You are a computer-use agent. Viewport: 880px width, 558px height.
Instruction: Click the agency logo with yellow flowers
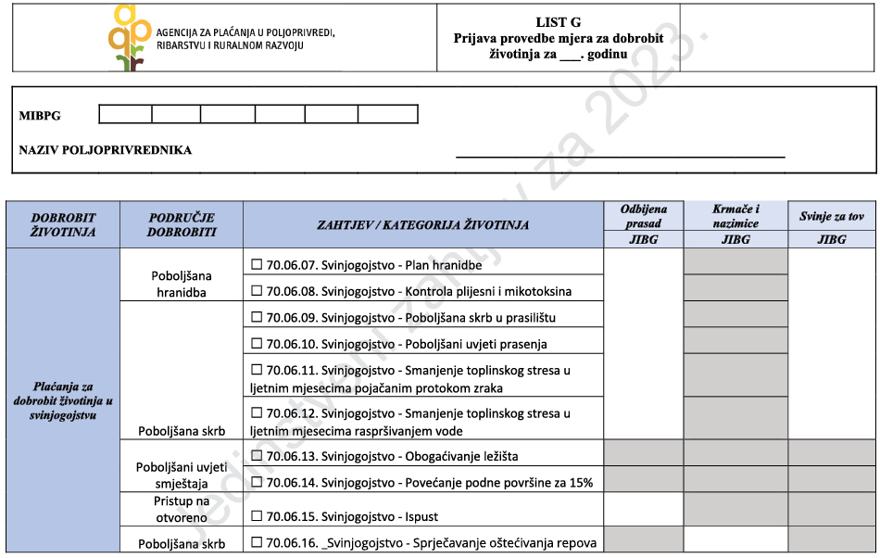coord(129,37)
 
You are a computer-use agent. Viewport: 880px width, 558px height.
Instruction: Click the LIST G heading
coord(558,22)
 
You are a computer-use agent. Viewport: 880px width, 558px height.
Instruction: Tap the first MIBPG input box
coord(125,114)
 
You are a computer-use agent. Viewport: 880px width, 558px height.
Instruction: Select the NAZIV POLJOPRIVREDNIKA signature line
coord(620,156)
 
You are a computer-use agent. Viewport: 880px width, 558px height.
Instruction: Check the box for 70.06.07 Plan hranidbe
coord(258,264)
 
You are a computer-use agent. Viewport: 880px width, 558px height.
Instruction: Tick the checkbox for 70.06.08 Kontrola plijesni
coord(258,290)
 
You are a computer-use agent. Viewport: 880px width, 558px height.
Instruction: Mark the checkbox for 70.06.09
coord(258,317)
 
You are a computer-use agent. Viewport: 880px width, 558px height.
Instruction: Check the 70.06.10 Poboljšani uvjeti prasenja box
coord(258,344)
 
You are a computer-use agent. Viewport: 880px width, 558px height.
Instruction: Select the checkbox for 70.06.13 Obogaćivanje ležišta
coord(258,455)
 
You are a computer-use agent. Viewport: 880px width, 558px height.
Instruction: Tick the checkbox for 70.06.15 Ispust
coord(258,515)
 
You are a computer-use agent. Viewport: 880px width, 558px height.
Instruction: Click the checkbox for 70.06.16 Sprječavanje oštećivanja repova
coord(258,542)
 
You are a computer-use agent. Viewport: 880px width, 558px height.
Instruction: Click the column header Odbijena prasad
coord(643,216)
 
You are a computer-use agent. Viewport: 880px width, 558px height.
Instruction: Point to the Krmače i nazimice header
coord(735,216)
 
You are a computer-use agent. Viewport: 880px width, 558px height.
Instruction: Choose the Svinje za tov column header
coord(831,217)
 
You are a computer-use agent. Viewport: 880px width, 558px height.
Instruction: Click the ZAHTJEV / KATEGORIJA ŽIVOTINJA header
coord(422,224)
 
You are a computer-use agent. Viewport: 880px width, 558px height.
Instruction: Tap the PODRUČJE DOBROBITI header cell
coord(182,224)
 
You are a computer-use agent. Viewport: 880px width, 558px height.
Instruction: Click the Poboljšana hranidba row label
coord(182,284)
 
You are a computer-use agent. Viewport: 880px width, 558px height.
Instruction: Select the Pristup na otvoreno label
coord(182,508)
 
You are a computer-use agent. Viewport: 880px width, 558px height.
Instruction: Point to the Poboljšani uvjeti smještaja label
coord(182,475)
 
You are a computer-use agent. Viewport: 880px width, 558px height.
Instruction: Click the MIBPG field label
coord(40,115)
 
